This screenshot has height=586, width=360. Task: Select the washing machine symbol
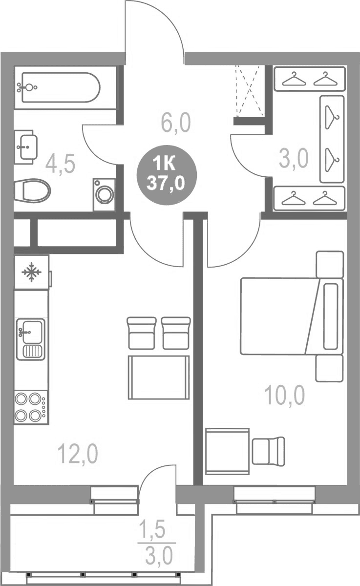pyautogui.click(x=105, y=194)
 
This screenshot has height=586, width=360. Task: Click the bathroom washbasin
pyautogui.click(x=25, y=147)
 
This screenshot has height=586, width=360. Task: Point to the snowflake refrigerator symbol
pyautogui.click(x=32, y=272)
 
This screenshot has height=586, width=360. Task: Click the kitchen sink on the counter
pyautogui.click(x=31, y=339)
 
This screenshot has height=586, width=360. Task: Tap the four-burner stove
pyautogui.click(x=31, y=407)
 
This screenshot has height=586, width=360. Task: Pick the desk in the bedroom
pyautogui.click(x=227, y=451)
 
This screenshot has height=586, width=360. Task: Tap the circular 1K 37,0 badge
pyautogui.click(x=166, y=175)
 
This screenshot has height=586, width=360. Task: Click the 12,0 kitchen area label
pyautogui.click(x=78, y=455)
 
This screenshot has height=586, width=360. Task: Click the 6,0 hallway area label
pyautogui.click(x=176, y=123)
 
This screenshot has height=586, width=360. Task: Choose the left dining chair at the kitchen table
pyautogui.click(x=142, y=333)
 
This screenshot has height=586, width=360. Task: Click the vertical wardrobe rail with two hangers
pyautogui.click(x=332, y=139)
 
